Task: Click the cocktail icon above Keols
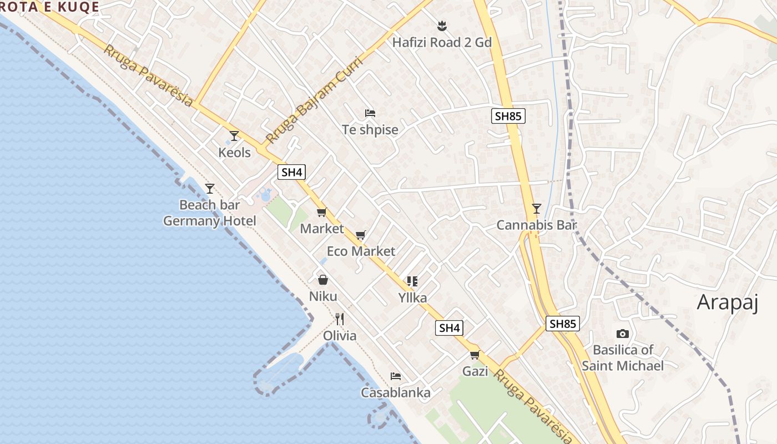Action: click(234, 135)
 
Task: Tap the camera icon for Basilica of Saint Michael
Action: click(623, 334)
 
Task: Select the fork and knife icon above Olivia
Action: click(340, 319)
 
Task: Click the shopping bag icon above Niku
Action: click(323, 280)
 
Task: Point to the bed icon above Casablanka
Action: click(396, 376)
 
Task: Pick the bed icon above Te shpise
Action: click(370, 113)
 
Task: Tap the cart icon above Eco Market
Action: click(361, 235)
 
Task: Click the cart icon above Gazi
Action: click(475, 355)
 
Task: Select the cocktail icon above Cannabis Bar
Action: click(536, 209)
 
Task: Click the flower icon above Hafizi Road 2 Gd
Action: click(442, 26)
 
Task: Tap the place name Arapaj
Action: click(727, 302)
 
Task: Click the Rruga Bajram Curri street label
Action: click(314, 100)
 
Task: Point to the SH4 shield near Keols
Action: click(292, 172)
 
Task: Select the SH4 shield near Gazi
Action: click(449, 328)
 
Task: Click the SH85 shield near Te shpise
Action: click(508, 116)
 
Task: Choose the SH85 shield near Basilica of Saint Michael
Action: click(563, 324)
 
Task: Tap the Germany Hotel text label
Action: click(210, 221)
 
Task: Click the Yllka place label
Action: click(412, 298)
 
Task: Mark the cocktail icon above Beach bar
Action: click(210, 189)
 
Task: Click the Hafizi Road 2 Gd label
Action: click(442, 42)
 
